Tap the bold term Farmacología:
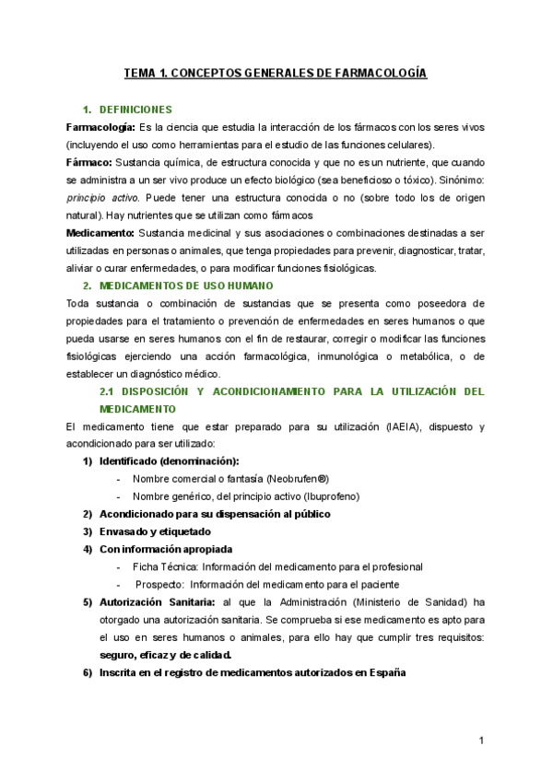(101, 126)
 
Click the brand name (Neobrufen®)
(297, 479)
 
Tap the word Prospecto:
(161, 584)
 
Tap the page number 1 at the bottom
(481, 740)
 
